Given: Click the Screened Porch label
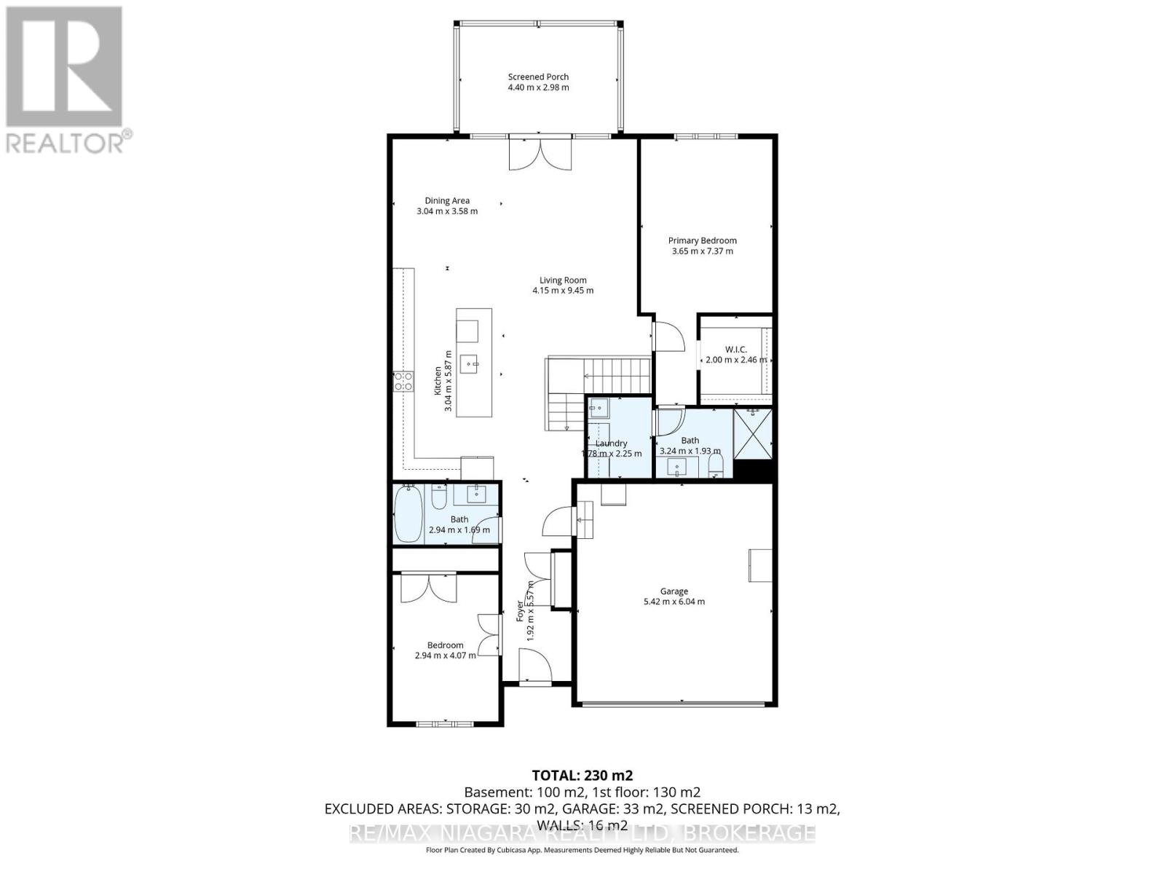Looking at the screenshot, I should [x=538, y=76].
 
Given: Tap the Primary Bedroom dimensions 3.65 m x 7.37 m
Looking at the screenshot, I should [x=702, y=251].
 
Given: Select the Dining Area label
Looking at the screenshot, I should [x=447, y=200].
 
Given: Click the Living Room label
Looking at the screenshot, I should [x=563, y=280].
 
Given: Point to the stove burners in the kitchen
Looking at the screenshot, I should [x=403, y=382].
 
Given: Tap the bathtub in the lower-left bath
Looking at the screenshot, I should [x=408, y=513].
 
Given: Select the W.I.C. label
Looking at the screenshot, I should [x=735, y=350].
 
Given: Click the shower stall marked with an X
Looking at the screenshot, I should [x=752, y=434].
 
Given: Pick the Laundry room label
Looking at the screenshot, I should [x=611, y=443].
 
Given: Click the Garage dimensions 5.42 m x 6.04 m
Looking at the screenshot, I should [x=674, y=602].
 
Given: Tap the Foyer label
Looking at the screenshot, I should [x=520, y=610].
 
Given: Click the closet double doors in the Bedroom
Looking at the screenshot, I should [x=428, y=587].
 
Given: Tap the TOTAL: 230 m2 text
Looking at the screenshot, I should [x=577, y=775].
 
